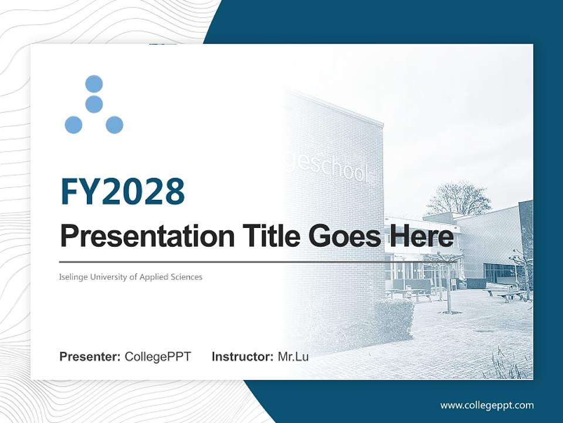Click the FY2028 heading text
click(123, 191)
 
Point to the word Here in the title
click(419, 237)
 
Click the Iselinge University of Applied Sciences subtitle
click(131, 277)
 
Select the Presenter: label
click(90, 357)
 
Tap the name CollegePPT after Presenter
click(158, 357)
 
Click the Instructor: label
click(242, 357)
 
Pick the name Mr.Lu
click(293, 357)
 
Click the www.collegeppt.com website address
click(487, 405)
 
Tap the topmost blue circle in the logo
click(94, 84)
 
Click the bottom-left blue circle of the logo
click(73, 125)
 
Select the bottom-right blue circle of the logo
click(114, 125)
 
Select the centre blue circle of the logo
click(94, 105)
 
